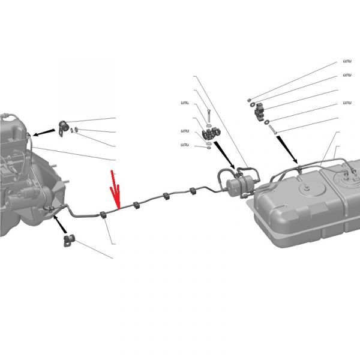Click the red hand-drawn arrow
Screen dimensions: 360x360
(115, 191)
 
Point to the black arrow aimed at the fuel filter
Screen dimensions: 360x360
(224, 155)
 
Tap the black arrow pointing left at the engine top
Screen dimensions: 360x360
(44, 133)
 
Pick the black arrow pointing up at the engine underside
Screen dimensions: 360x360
(59, 224)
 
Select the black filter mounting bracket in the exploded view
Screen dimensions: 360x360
(211, 134)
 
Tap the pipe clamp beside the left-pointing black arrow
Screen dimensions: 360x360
(63, 127)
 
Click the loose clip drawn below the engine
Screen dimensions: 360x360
(69, 241)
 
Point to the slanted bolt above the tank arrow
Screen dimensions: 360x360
(272, 129)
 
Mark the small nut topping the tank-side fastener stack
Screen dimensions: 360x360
(249, 100)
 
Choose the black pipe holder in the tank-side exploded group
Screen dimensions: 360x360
(259, 112)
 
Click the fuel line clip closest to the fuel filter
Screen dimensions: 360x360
(193, 191)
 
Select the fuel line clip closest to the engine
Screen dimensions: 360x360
(103, 215)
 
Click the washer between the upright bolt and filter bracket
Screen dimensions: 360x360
(208, 126)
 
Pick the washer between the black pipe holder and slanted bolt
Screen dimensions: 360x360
(266, 122)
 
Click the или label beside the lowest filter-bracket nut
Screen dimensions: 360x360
(185, 145)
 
